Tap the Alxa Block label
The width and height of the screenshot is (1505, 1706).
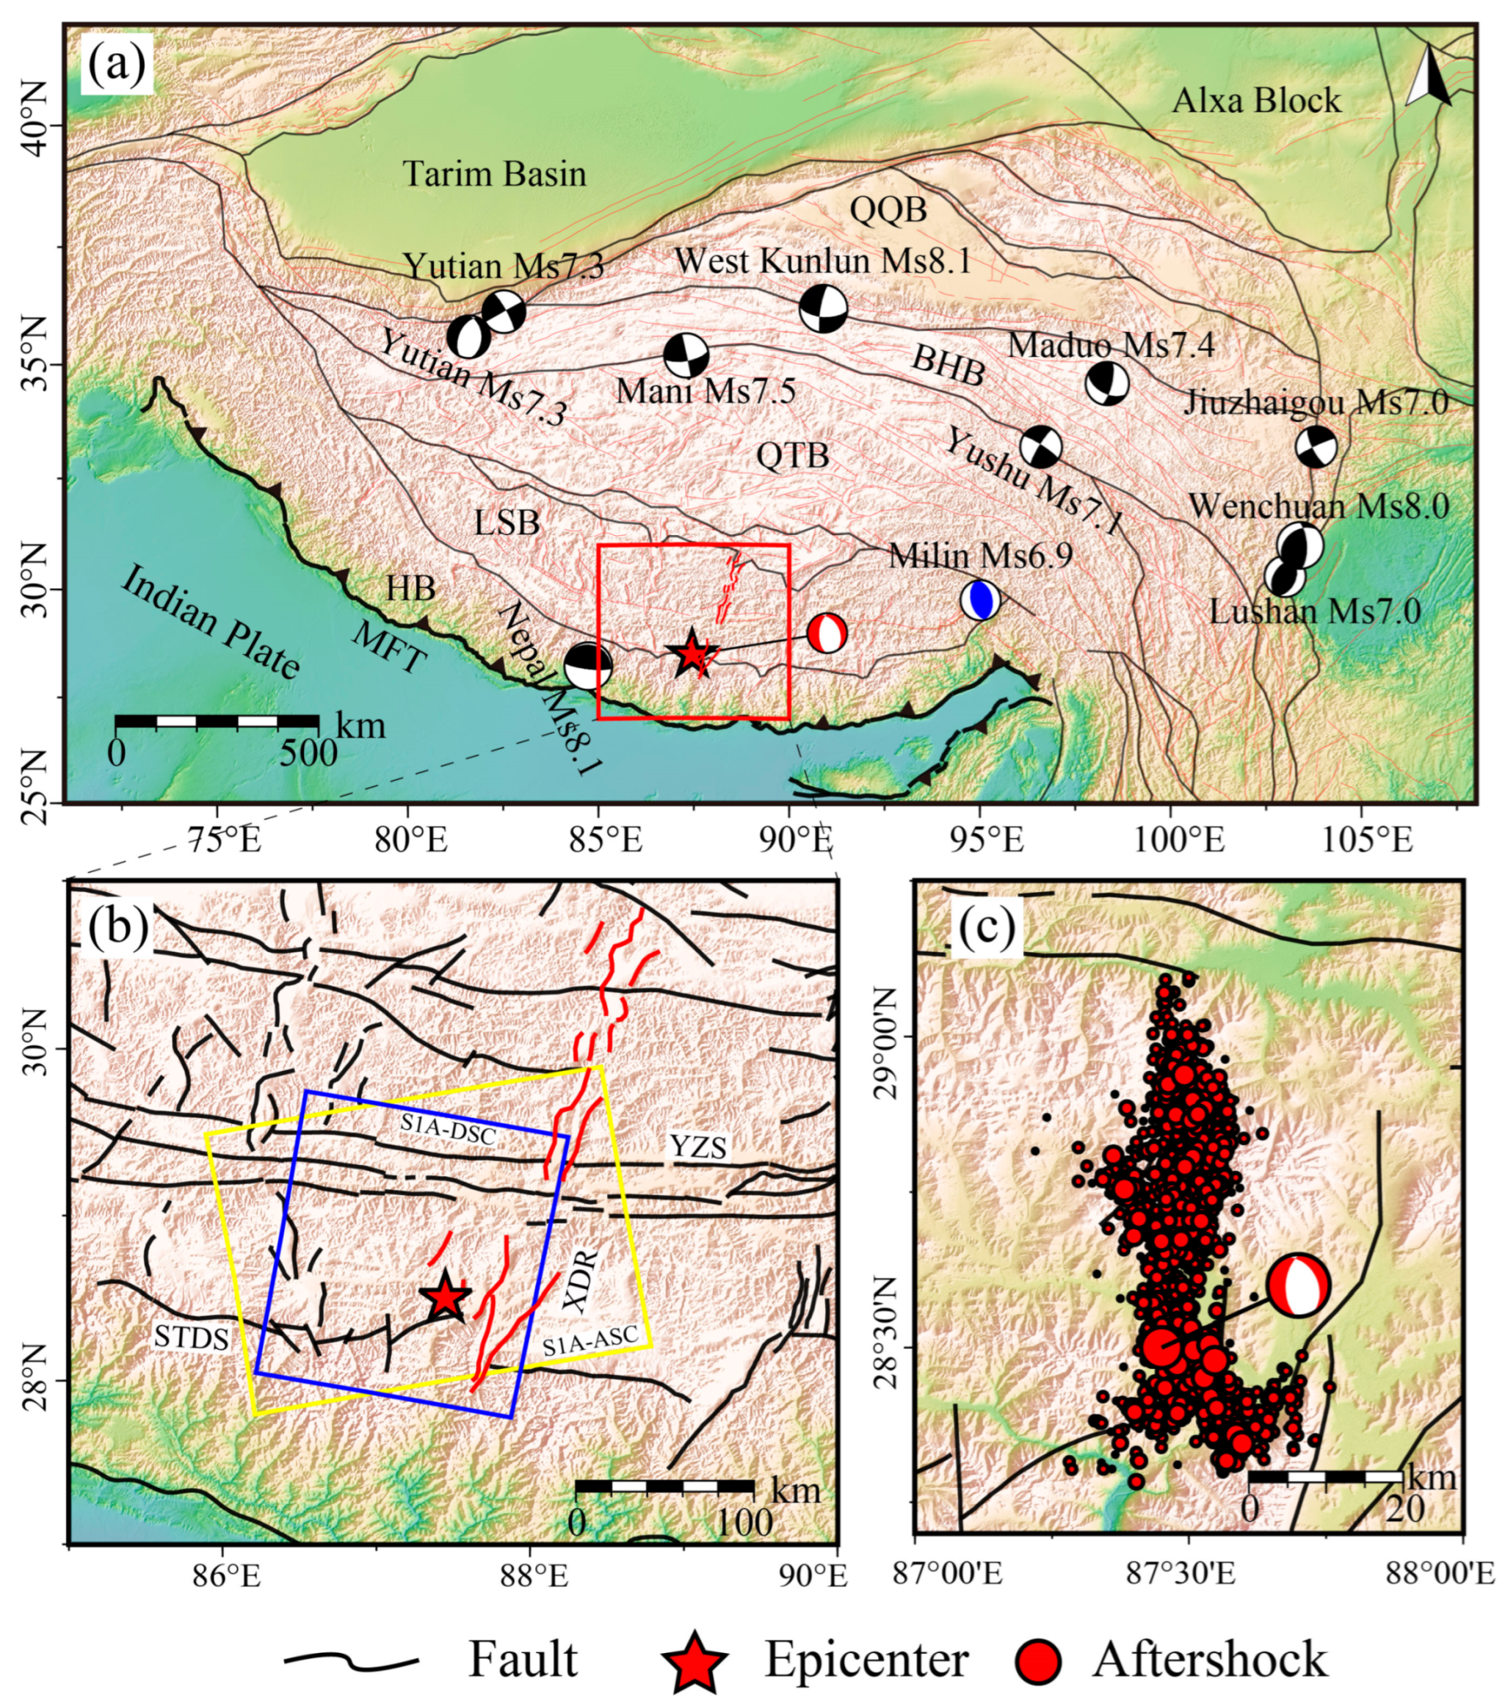pyautogui.click(x=1256, y=101)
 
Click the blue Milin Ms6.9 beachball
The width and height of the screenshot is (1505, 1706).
pyautogui.click(x=980, y=599)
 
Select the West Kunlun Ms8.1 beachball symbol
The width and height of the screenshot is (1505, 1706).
pyautogui.click(x=823, y=309)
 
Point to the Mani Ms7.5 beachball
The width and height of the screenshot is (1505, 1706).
pyautogui.click(x=686, y=356)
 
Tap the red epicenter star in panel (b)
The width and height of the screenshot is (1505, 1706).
pyautogui.click(x=445, y=1297)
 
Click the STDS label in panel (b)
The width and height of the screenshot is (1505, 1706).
pyautogui.click(x=191, y=1338)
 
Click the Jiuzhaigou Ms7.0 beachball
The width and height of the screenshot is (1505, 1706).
pyautogui.click(x=1316, y=447)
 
